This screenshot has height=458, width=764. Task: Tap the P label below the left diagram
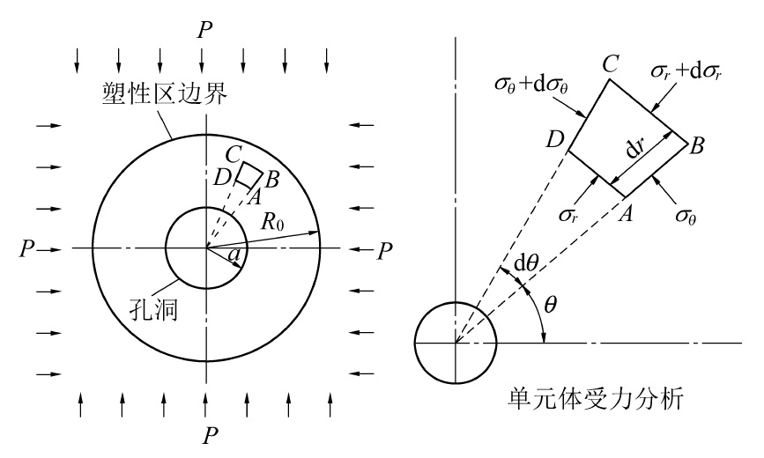coord(205,436)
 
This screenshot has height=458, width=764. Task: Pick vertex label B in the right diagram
coord(695,146)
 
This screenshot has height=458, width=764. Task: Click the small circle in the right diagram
coord(456,342)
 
